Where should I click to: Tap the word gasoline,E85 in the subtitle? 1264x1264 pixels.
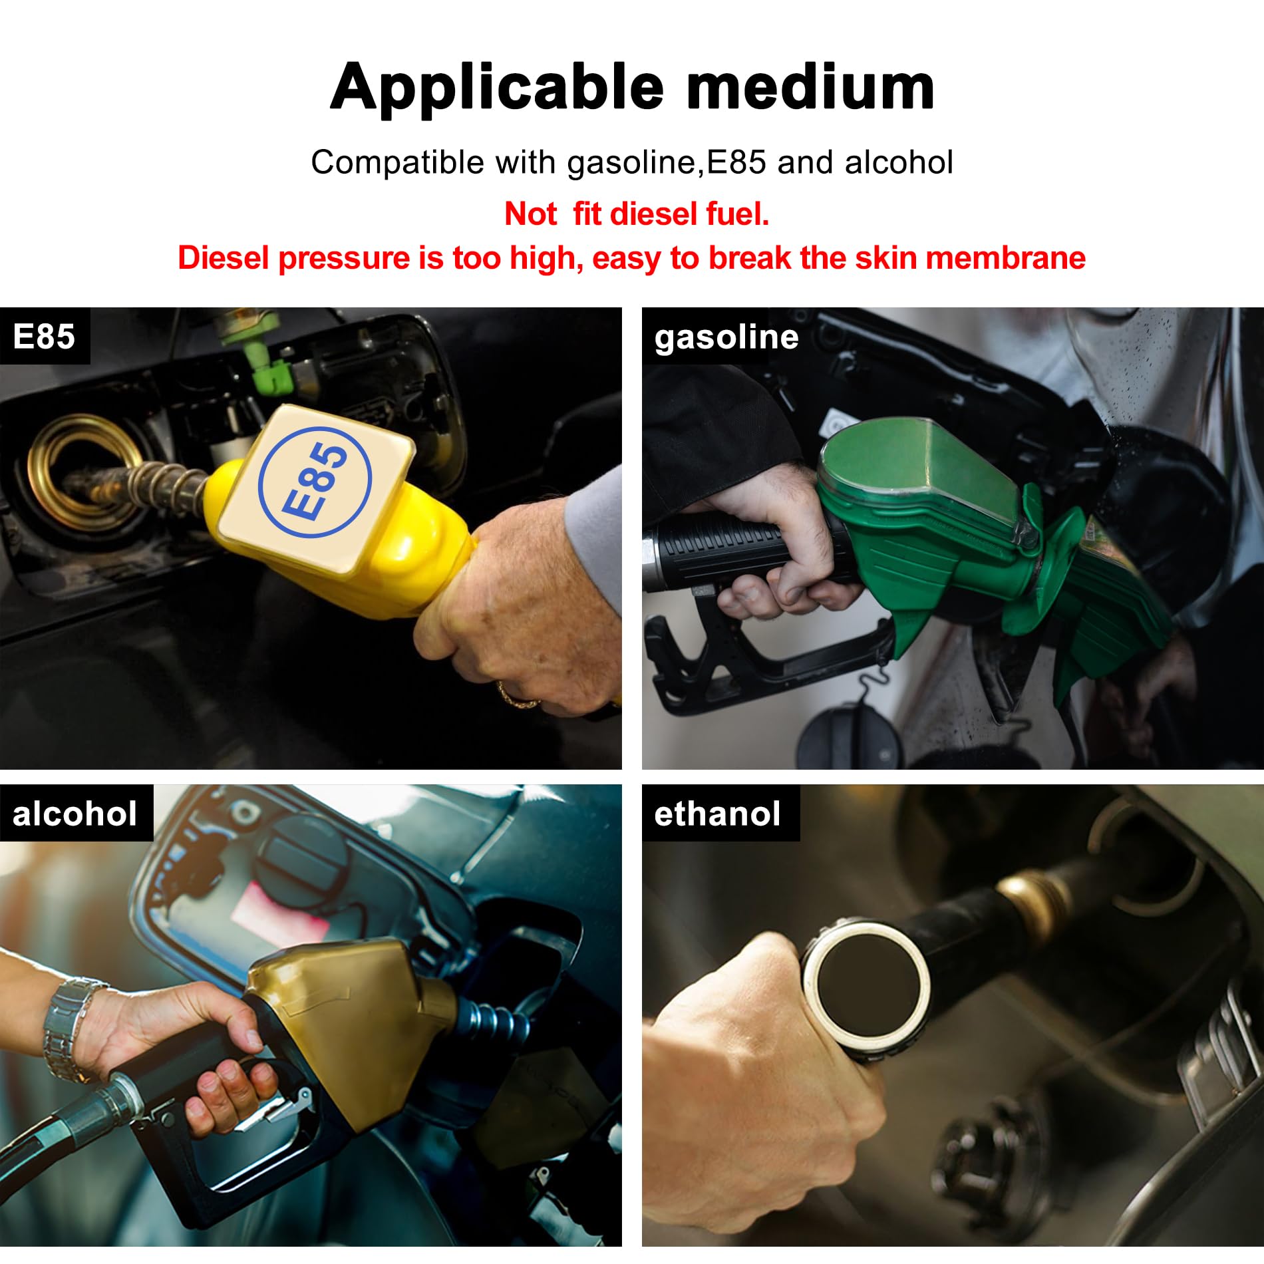[x=666, y=163]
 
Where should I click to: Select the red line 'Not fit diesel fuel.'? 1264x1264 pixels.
[x=637, y=214]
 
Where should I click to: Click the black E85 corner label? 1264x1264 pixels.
[x=44, y=336]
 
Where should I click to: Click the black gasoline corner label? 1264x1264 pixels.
[x=726, y=337]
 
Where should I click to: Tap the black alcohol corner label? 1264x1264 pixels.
[x=75, y=814]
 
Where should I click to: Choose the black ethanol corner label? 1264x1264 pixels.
[x=717, y=814]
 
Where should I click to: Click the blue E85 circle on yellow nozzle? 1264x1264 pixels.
[x=315, y=481]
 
